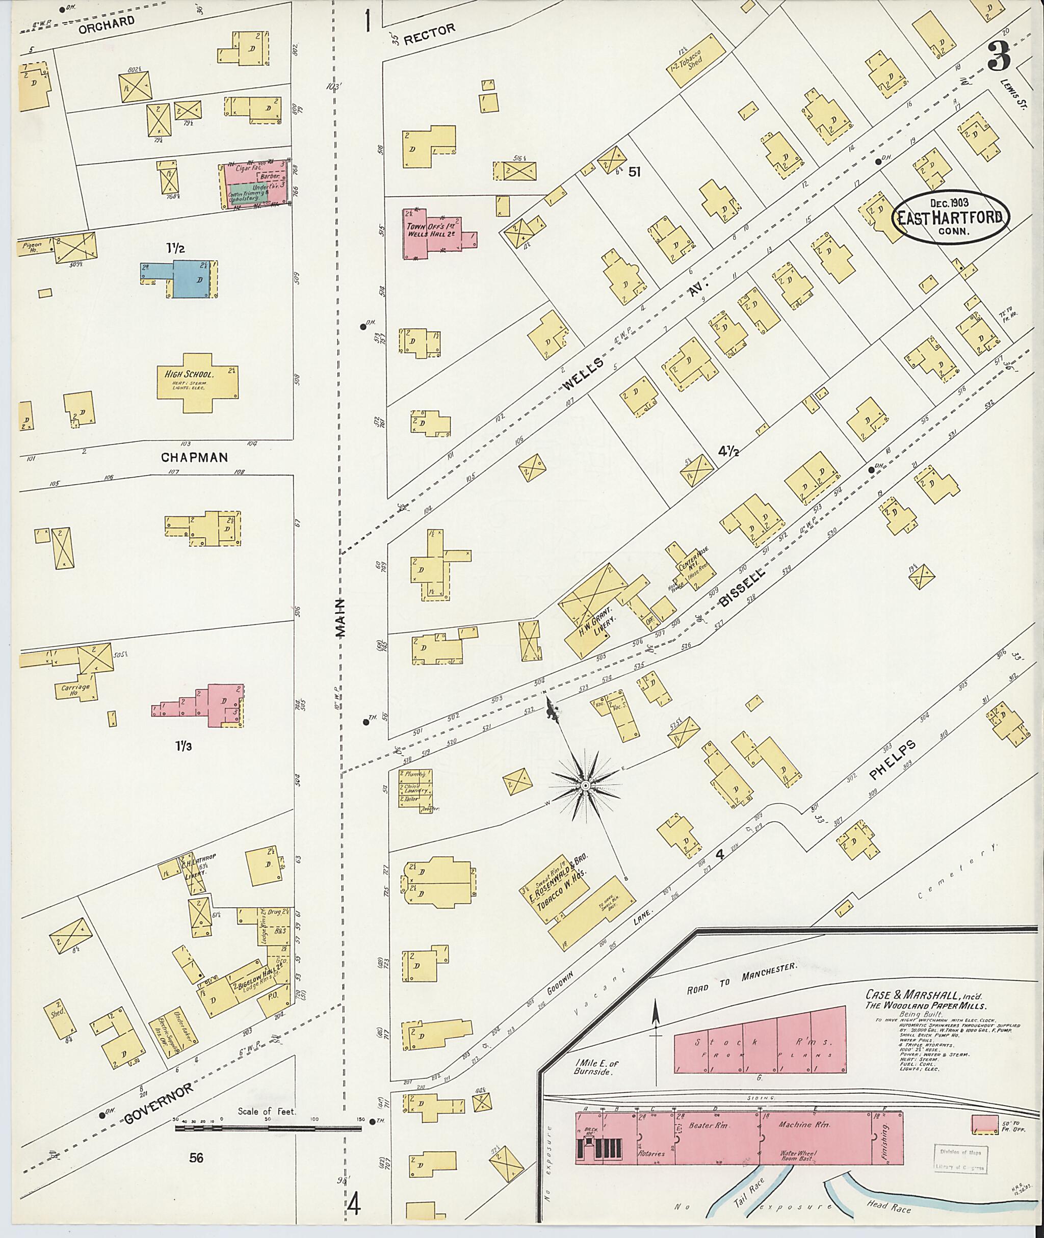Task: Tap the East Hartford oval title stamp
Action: tap(952, 217)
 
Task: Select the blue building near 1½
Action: tap(190, 278)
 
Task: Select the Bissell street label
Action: tap(743, 589)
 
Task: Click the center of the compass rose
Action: tap(585, 785)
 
